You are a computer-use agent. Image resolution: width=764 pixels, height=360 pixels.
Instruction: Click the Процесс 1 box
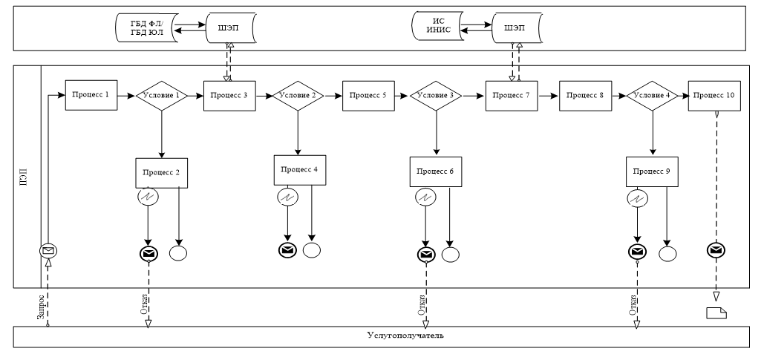91,95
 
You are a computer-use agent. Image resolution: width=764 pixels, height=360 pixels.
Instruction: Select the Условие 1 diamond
161,96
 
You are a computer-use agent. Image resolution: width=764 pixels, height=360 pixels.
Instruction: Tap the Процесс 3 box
230,96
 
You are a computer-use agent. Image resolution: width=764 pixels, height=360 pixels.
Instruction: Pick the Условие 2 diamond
298,96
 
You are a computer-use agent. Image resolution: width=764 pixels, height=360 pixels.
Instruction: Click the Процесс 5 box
368,96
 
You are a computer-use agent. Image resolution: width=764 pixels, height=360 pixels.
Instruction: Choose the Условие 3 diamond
436,96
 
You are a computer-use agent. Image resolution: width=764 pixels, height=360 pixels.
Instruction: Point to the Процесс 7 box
512,96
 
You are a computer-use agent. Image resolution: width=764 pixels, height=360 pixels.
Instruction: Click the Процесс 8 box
585,96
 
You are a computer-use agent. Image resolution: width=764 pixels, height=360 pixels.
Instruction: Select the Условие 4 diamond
652,96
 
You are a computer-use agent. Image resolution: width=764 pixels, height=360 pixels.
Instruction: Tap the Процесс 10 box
715,96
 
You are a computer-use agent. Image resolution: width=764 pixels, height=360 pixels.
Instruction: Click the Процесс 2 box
161,172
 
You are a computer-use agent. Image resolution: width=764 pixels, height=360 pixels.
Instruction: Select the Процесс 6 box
436,171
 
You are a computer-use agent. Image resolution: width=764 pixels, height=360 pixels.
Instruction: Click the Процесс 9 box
652,171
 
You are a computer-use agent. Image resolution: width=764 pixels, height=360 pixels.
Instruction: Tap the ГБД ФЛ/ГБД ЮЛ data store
146,27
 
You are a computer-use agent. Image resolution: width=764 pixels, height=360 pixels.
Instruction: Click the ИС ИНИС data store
436,27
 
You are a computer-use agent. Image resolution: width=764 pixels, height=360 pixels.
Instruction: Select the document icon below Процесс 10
716,312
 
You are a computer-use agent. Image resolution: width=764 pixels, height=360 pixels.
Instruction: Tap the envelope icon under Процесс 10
716,250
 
